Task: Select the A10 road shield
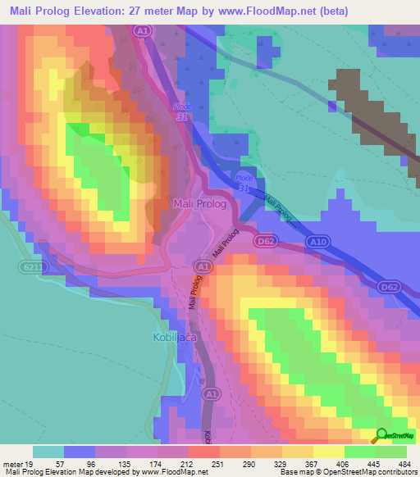321,242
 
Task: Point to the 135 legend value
112,464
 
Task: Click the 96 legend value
80,464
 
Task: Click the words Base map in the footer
293,473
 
